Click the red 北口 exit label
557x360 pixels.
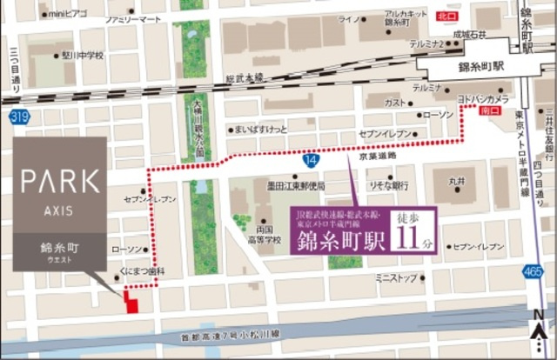click(448, 16)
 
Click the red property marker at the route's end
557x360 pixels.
click(131, 302)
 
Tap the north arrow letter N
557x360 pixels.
click(540, 316)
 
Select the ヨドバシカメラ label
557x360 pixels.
click(486, 99)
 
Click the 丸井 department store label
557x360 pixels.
click(457, 183)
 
